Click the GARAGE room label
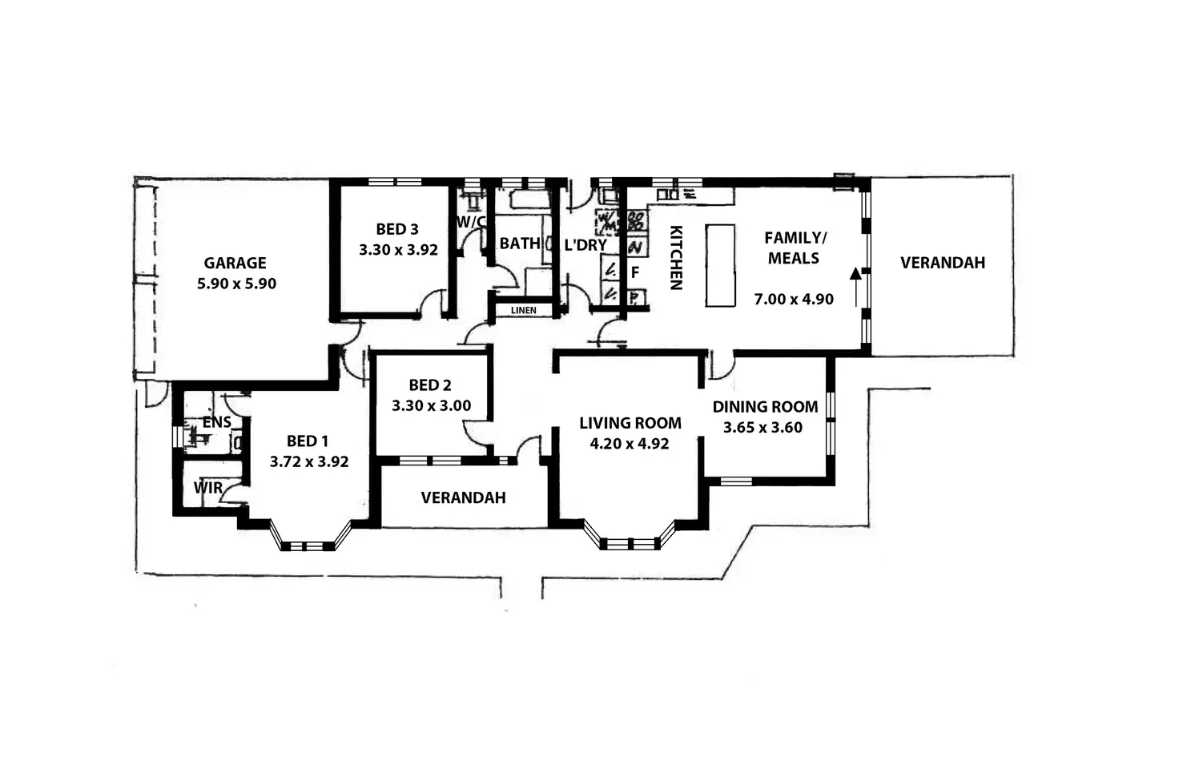235,263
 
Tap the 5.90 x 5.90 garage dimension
236,284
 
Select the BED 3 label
397,229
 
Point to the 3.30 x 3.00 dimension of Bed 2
431,405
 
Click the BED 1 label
308,441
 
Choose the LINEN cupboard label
524,310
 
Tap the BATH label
519,244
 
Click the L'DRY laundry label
585,245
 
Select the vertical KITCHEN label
675,257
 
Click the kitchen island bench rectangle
720,265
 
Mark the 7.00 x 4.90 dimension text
794,299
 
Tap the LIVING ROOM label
630,423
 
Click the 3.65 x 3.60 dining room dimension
763,427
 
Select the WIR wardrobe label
207,487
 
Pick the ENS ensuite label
216,422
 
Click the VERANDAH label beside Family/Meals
942,263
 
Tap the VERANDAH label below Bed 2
463,497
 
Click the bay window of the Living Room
630,543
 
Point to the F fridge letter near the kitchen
634,272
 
